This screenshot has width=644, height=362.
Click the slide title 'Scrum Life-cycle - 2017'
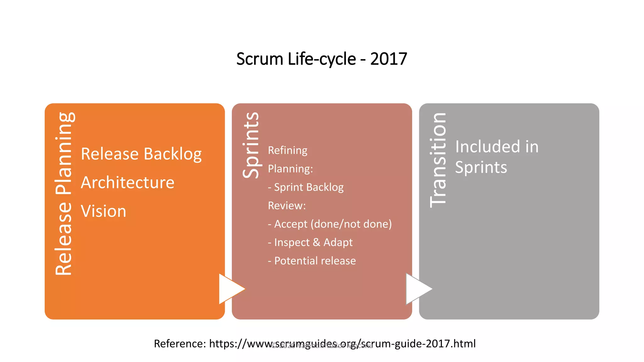[321, 59]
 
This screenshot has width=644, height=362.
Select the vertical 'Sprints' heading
[251, 145]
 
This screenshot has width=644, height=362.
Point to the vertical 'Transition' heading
[438, 160]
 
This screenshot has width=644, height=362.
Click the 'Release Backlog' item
[141, 154]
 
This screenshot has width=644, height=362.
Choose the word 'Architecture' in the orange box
[127, 183]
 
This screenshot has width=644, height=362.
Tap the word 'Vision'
[103, 211]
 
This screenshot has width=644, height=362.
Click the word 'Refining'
[287, 151]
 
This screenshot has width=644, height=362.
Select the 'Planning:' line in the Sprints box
[290, 169]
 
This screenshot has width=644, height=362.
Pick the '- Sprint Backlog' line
[306, 187]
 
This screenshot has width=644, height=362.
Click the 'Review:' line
[287, 206]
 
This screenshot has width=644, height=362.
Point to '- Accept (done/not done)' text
[330, 224]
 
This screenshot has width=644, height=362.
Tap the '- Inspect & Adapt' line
[310, 243]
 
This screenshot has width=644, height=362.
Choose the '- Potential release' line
[312, 261]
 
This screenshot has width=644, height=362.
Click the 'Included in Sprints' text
[497, 157]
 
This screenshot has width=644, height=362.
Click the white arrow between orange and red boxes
[230, 289]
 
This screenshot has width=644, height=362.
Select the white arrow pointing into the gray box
[417, 289]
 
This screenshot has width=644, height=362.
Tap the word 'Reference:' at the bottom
[180, 344]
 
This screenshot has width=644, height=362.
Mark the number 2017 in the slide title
[389, 59]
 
